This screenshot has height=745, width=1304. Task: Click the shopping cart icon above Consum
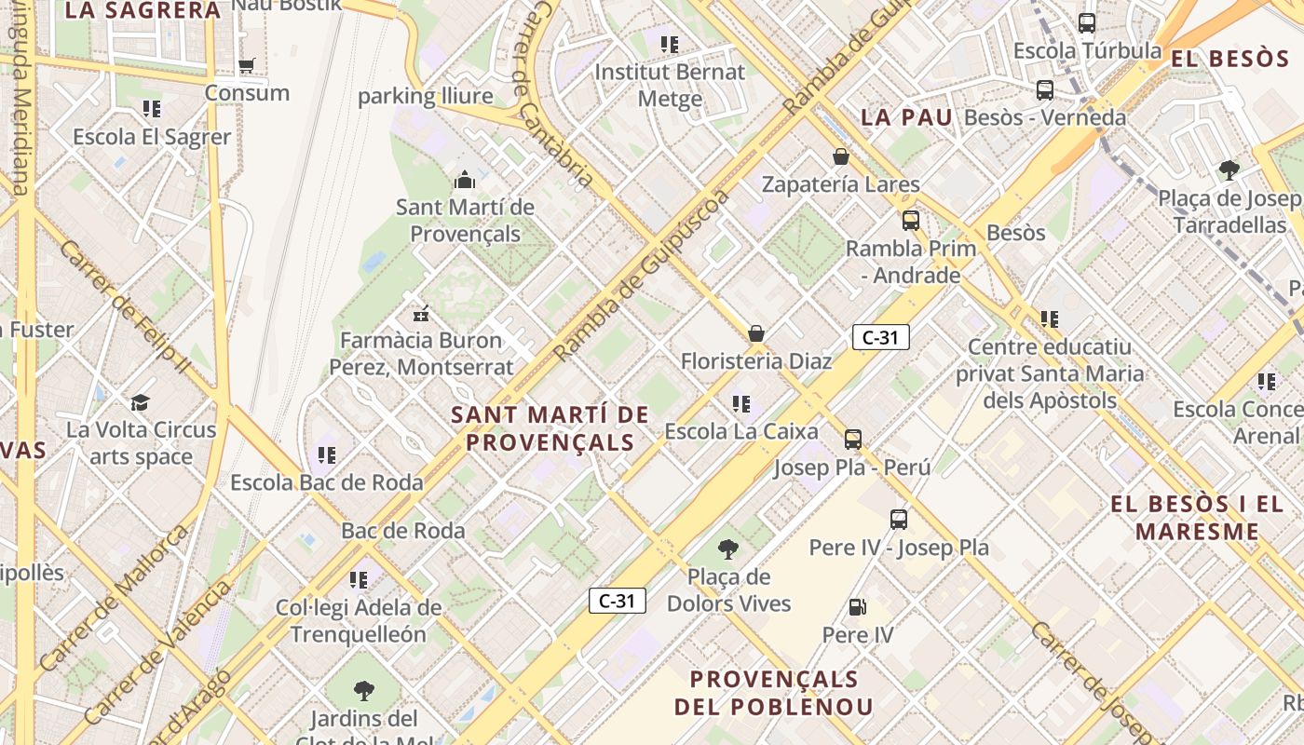[247, 65]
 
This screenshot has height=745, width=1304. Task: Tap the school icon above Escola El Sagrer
[152, 109]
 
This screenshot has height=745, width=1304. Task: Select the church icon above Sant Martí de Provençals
[464, 179]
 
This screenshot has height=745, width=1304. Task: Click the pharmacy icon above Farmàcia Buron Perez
[421, 313]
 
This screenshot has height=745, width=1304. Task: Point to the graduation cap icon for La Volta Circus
[140, 402]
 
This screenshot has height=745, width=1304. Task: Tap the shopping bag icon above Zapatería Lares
[840, 156]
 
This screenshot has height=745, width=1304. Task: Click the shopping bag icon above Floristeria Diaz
[756, 332]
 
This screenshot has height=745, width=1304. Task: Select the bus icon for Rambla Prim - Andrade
[910, 221]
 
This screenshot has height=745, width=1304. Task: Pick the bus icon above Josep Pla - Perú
[852, 440]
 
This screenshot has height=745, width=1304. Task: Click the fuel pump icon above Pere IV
[857, 607]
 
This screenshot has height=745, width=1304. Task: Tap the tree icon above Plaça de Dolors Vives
[728, 549]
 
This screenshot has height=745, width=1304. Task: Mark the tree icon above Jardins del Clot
[364, 691]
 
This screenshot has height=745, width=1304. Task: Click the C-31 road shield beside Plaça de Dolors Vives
[617, 601]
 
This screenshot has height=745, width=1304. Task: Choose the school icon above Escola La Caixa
[741, 404]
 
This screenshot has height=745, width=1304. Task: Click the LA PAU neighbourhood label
[906, 117]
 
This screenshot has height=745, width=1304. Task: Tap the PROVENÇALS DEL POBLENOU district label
[774, 692]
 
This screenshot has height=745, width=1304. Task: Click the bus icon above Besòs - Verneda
[1045, 90]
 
